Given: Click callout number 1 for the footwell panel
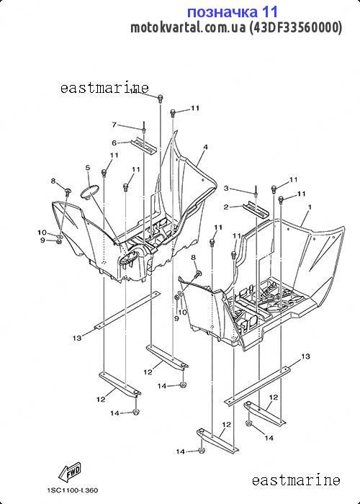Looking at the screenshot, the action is [310, 207].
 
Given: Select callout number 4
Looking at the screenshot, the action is [205, 147].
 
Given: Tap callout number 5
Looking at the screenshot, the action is [88, 168].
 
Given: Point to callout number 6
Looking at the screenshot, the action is [114, 143].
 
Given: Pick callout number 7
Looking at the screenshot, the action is [114, 125].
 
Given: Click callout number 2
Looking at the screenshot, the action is [226, 207].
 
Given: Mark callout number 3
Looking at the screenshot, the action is [226, 188].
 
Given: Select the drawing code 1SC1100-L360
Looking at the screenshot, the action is [73, 490].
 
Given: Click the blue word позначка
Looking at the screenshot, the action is [222, 12].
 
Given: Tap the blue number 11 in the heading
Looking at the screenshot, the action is [269, 12].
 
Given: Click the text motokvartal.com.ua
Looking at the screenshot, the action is [188, 27].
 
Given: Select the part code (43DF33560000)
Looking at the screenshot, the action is [295, 27].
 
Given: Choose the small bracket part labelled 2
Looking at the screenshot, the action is [256, 210].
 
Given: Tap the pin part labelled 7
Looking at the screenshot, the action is [145, 127].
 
